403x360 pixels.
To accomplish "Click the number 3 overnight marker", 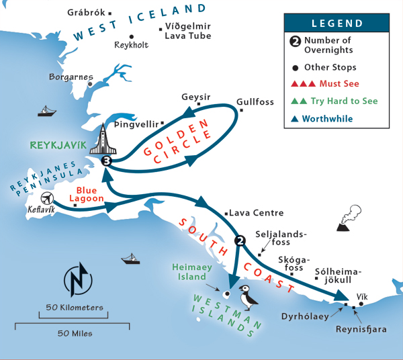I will pyautogui.click(x=105, y=161).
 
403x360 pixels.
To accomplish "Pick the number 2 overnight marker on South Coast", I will pyautogui.click(x=239, y=240).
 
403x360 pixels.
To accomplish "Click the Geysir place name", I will pyautogui.click(x=196, y=97).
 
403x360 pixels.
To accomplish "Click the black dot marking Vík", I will pyautogui.click(x=361, y=304).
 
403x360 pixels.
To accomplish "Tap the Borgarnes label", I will pyautogui.click(x=71, y=77).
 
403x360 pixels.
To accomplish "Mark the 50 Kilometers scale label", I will pyautogui.click(x=75, y=308).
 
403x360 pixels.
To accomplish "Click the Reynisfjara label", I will pyautogui.click(x=359, y=330).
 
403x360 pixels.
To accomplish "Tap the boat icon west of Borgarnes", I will pyautogui.click(x=46, y=111).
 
